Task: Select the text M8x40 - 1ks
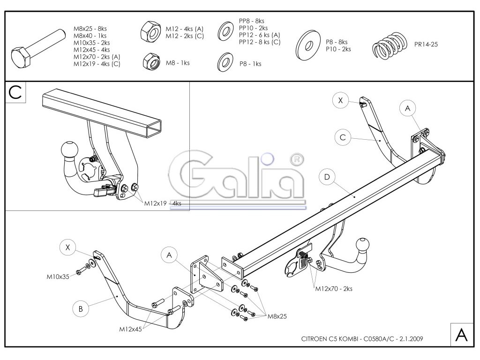90,36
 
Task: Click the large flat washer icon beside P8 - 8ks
308,46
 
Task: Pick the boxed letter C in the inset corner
15,93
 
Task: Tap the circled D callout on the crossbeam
327,177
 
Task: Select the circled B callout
81,308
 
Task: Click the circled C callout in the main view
343,137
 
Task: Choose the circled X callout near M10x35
68,248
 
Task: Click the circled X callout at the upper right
341,100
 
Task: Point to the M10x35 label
58,276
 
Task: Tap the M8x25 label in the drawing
277,316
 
